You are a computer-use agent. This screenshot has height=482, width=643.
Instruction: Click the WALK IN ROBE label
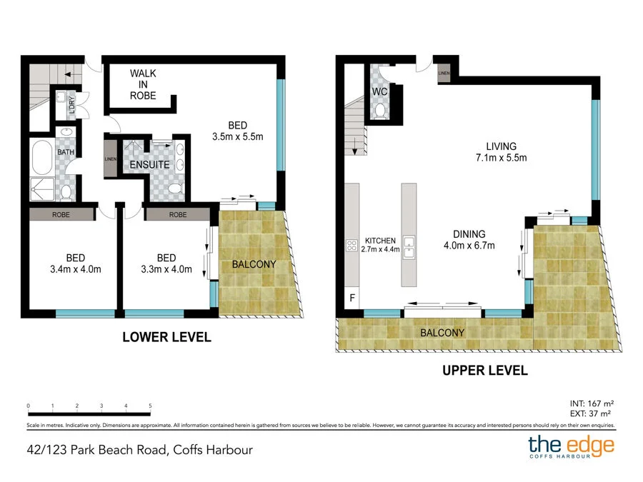(x=143, y=84)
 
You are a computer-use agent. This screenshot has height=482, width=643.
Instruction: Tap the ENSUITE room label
(x=149, y=165)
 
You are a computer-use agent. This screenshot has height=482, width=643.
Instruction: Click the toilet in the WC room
(x=380, y=110)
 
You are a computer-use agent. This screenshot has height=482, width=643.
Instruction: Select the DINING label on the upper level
(x=469, y=234)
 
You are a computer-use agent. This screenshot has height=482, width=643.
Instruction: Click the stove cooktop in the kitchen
(x=352, y=246)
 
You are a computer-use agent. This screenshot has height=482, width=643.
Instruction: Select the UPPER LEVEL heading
(x=484, y=371)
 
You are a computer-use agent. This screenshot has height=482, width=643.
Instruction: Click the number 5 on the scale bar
(x=150, y=406)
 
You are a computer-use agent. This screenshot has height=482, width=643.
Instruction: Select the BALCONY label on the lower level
(x=254, y=264)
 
